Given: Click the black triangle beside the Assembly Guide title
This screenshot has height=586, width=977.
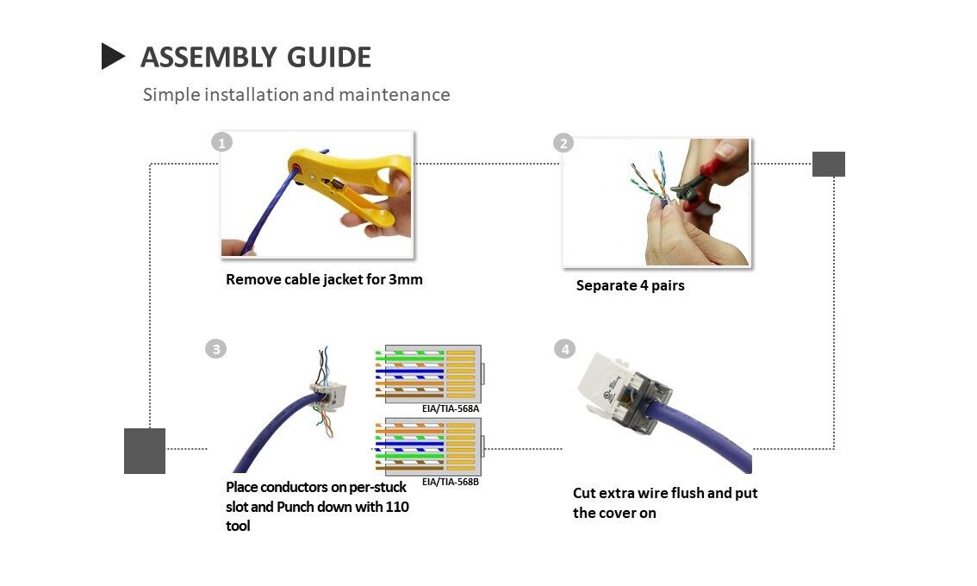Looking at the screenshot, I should [x=112, y=56].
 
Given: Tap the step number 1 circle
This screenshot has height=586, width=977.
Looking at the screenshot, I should [x=222, y=142].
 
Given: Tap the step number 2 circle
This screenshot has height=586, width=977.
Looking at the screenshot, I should [x=563, y=143].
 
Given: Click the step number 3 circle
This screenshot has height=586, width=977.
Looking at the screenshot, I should [x=215, y=349].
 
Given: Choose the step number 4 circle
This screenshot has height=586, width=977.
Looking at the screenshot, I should [x=564, y=349].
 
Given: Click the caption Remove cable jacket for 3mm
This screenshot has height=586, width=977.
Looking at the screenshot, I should [x=324, y=279].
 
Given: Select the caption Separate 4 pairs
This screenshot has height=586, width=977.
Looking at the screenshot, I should [x=630, y=285].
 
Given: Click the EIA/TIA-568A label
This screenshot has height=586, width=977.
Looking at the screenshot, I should [x=451, y=408].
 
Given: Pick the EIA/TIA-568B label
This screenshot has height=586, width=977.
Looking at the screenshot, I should [x=451, y=482].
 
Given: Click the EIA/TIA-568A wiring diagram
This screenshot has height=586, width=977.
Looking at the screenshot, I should [x=428, y=373].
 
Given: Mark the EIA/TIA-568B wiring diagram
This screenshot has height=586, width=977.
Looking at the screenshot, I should [x=428, y=446].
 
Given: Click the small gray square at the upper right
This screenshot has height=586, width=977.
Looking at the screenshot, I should [x=828, y=164].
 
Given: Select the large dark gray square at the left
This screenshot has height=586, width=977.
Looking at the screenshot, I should [x=144, y=451].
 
